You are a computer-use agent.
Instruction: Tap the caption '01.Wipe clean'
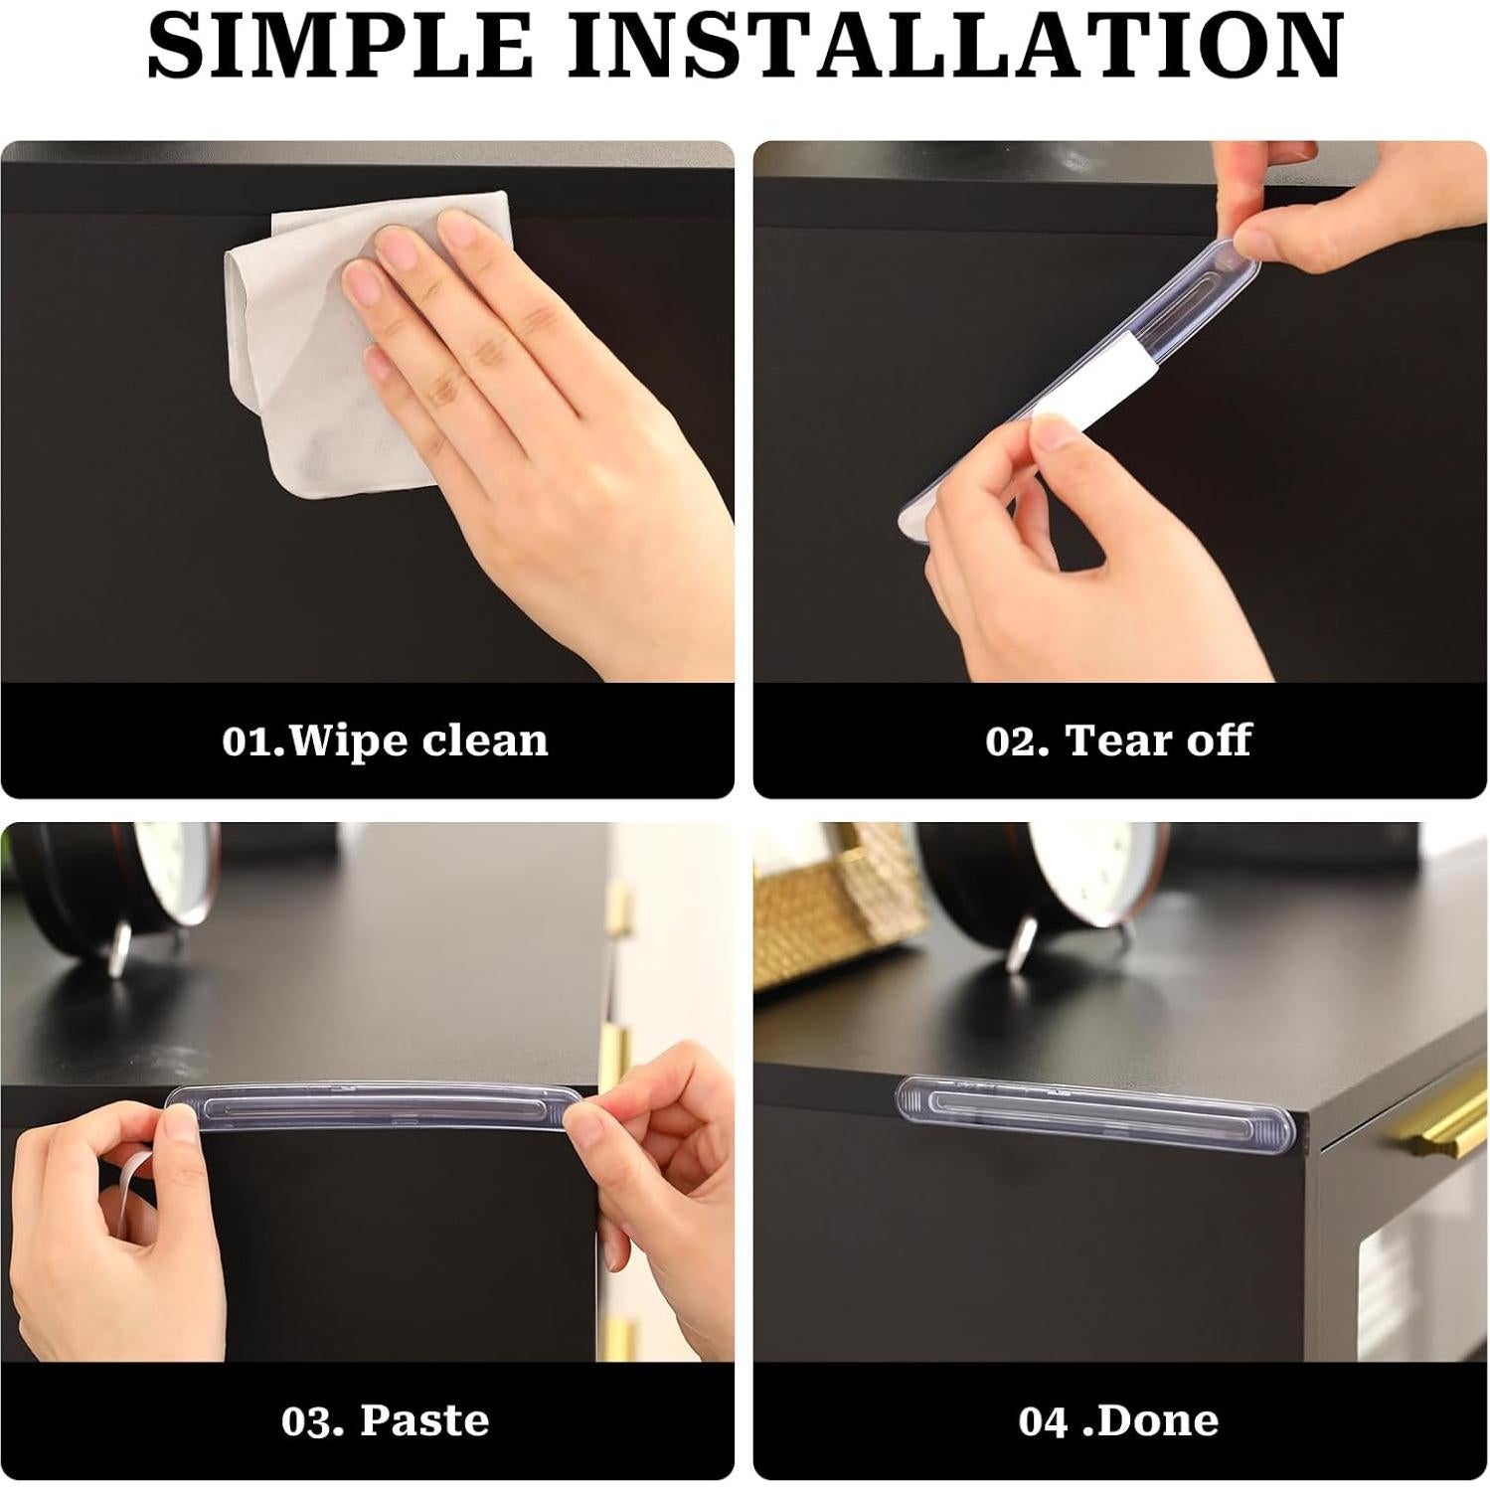pyautogui.click(x=385, y=741)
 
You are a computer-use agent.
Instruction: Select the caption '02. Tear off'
pyautogui.click(x=1118, y=741)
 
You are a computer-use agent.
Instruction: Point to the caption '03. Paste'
pyautogui.click(x=385, y=1420)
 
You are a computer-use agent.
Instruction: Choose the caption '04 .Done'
pyautogui.click(x=1118, y=1420)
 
